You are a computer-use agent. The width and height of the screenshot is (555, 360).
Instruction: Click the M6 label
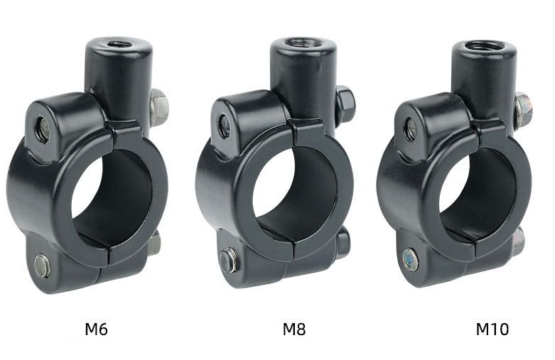click(96, 329)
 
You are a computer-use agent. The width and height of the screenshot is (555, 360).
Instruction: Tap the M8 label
click(293, 329)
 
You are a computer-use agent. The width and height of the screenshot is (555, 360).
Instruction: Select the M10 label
click(492, 329)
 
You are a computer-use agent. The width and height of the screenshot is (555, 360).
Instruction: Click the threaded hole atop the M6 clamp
click(119, 44)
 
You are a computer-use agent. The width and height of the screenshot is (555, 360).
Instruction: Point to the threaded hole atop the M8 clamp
click(303, 43)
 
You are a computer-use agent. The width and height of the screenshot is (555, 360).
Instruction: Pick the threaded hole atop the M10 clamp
click(484, 46)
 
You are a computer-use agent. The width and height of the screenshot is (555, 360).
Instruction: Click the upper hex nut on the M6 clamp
click(159, 107)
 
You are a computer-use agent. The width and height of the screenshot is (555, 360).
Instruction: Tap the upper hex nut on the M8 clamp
click(345, 103)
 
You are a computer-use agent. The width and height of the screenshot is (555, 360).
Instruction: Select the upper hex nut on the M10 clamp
click(523, 109)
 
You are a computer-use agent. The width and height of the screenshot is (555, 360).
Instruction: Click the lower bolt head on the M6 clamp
click(42, 266)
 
